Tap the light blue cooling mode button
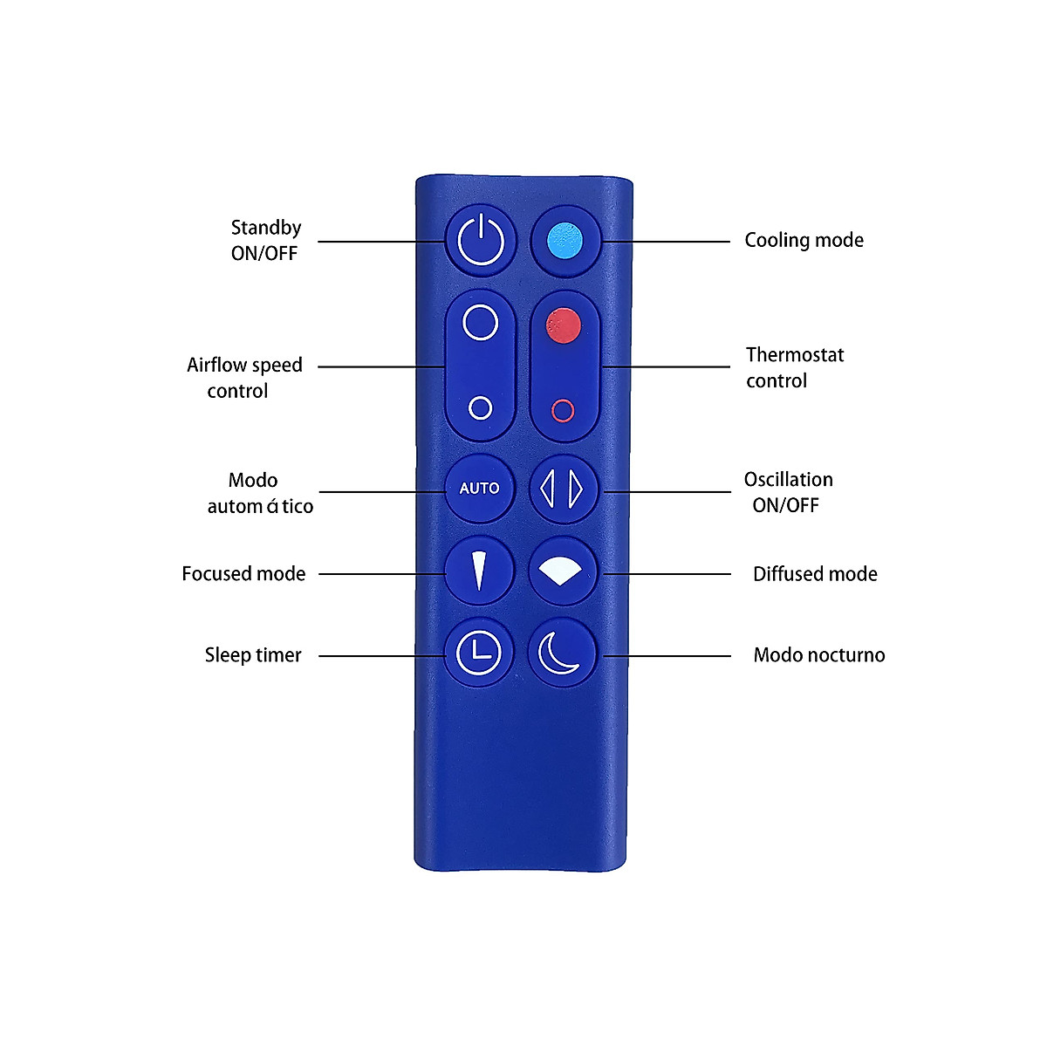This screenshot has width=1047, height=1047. (x=565, y=240)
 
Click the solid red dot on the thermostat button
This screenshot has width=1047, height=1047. (x=563, y=325)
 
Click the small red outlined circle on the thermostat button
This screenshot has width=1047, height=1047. (x=563, y=410)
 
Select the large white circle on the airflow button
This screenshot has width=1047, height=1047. (x=480, y=322)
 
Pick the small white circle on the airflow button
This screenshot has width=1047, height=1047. (x=480, y=407)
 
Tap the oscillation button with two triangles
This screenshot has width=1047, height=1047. (x=563, y=489)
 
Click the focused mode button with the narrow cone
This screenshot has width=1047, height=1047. (x=479, y=571)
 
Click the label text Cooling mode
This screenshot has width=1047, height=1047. (x=804, y=240)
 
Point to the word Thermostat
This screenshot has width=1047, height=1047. (x=795, y=355)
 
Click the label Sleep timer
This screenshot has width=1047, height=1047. (x=253, y=655)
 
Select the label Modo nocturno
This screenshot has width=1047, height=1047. (x=818, y=655)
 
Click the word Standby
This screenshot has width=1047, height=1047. (x=266, y=228)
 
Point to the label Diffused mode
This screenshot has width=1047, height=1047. (x=815, y=574)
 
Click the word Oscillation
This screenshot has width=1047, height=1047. (x=788, y=480)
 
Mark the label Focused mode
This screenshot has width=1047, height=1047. (x=243, y=574)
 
